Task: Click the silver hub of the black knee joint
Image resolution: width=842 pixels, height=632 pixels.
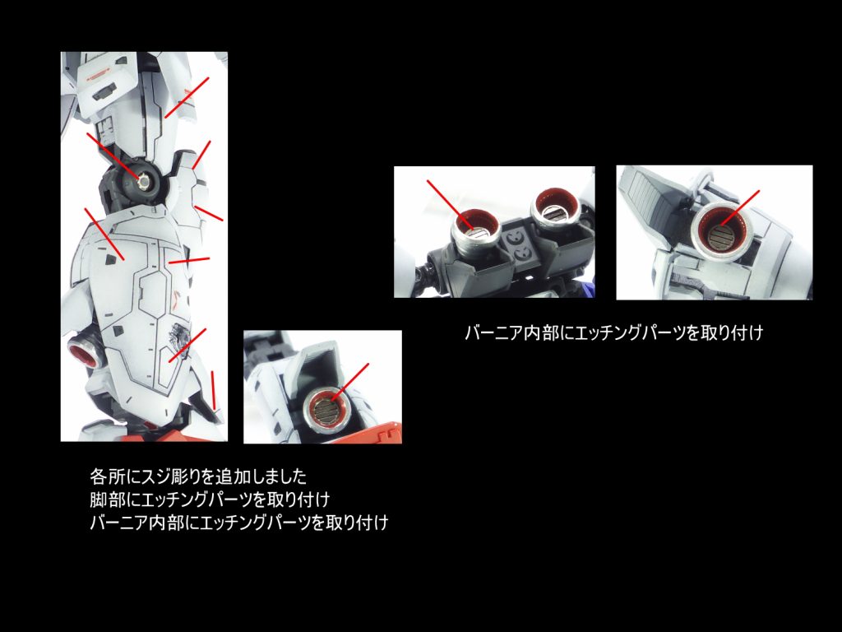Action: point(146,180)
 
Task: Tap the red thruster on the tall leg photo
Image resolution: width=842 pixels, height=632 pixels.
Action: point(86,354)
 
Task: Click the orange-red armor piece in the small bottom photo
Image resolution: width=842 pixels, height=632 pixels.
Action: point(378,433)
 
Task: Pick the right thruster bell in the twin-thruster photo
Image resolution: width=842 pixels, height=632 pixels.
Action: point(552,212)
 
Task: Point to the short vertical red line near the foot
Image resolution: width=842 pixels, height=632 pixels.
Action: point(215,390)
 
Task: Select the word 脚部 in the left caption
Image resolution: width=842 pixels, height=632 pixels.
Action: point(104,500)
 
